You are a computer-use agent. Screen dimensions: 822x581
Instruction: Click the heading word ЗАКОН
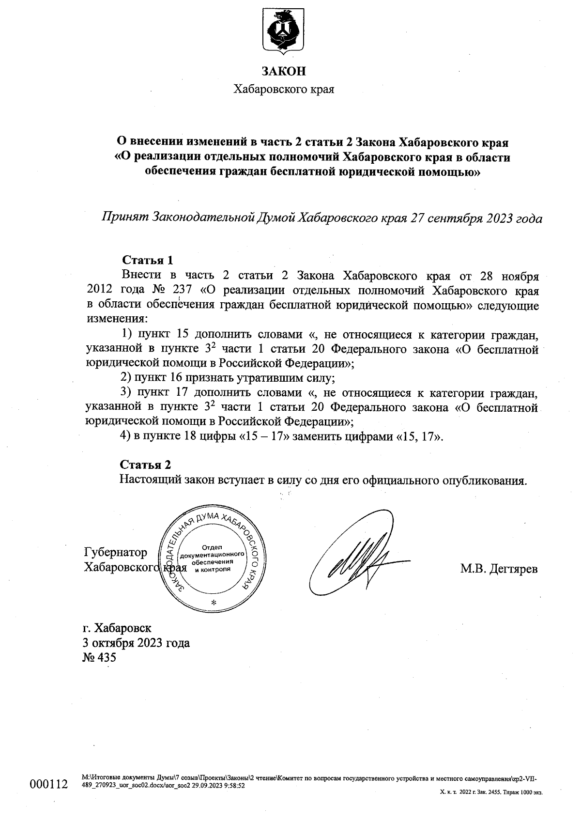click(x=284, y=71)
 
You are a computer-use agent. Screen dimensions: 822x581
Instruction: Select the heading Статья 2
click(x=145, y=465)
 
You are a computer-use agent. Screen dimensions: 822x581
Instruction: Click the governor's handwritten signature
click(x=357, y=558)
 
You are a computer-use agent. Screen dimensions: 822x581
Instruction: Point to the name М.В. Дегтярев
click(x=499, y=569)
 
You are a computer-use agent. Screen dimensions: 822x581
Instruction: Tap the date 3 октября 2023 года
click(x=136, y=643)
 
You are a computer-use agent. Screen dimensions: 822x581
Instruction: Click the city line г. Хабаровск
click(x=117, y=628)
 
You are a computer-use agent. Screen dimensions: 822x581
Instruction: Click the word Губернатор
click(x=115, y=552)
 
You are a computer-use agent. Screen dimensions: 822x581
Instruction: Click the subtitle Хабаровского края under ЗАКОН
click(x=284, y=90)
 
